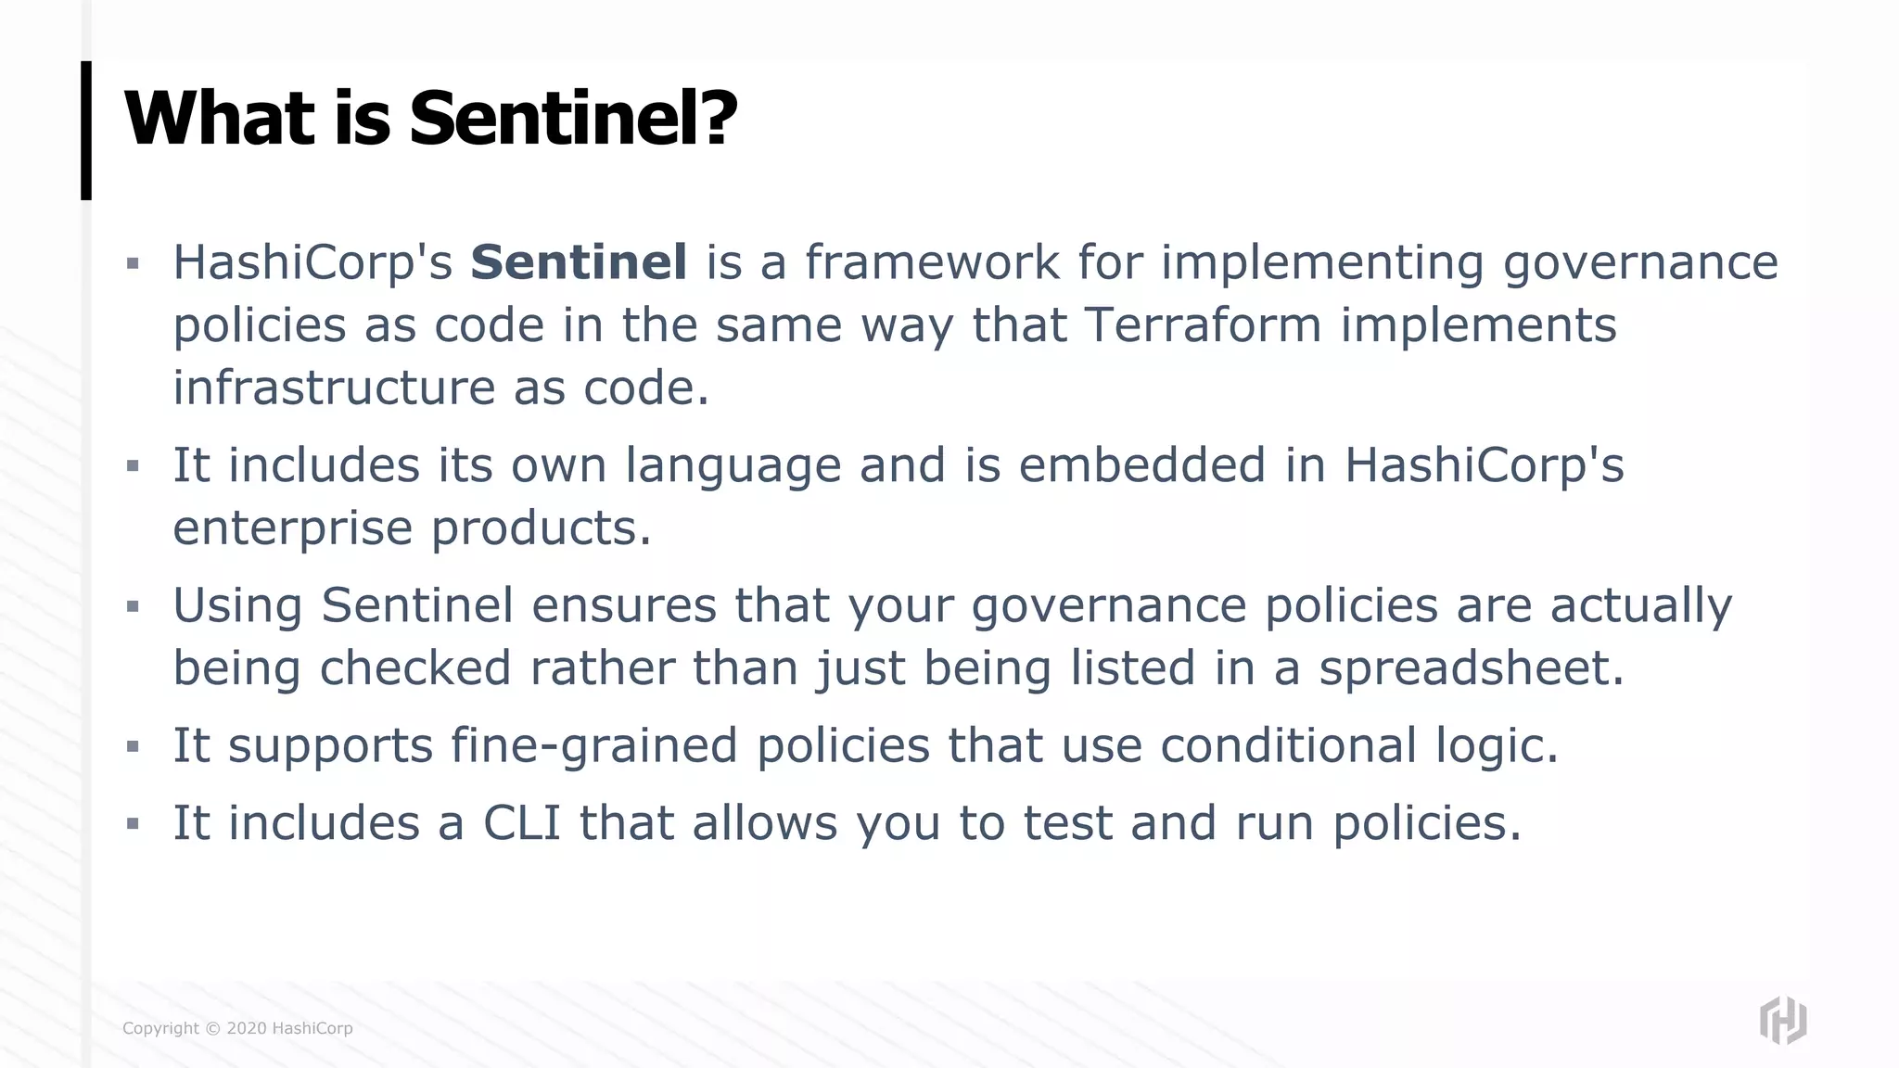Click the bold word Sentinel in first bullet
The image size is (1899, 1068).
tap(579, 262)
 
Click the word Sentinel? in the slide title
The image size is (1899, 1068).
tap(572, 119)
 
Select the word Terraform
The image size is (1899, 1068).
tap(1203, 325)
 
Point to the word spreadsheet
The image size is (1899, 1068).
tap(1471, 668)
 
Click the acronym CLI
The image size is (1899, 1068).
tap(522, 823)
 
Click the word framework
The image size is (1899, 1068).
tap(931, 262)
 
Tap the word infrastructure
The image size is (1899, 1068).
tap(334, 388)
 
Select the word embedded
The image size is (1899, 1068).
tap(1141, 465)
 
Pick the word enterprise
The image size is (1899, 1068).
tap(292, 529)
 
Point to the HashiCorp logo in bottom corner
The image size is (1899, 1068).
tap(1782, 1021)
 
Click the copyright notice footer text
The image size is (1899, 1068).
tap(237, 1028)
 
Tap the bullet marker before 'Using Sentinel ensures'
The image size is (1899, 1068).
tap(133, 607)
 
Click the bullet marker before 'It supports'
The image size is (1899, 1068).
tap(133, 746)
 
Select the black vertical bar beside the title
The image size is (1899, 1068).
tap(86, 131)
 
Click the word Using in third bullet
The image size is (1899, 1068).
tap(237, 606)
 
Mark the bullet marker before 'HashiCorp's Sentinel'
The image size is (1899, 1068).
tap(133, 264)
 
